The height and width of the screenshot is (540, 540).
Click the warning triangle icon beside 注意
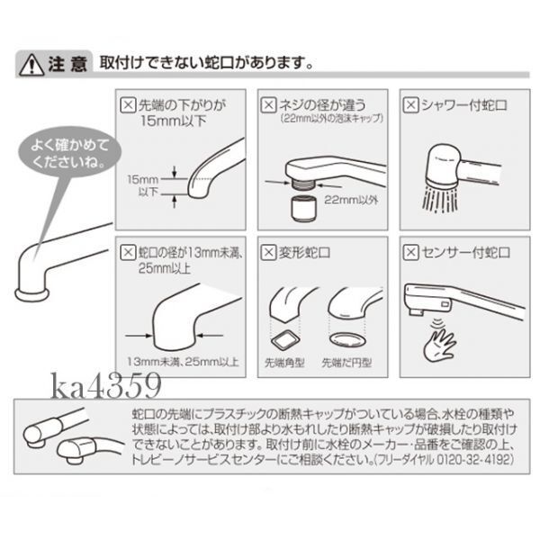(31, 65)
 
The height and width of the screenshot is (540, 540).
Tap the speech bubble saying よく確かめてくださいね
(69, 153)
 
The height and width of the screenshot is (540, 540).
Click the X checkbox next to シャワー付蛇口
(410, 104)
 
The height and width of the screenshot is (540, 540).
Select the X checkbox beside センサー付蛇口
(410, 252)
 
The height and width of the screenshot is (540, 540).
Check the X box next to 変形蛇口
(268, 252)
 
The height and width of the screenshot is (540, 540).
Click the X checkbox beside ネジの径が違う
(268, 104)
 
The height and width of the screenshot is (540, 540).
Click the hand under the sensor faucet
(439, 346)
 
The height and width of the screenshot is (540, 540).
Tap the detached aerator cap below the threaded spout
(303, 208)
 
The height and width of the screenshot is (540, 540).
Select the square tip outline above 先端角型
(285, 339)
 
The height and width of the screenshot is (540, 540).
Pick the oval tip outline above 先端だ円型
(346, 339)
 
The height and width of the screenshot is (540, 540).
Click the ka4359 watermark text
(106, 385)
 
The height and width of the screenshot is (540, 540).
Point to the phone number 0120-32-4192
(475, 460)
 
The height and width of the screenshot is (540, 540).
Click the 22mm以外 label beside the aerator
(351, 200)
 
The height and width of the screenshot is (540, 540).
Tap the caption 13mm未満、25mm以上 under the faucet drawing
(183, 362)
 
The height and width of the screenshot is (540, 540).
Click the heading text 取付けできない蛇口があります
(206, 63)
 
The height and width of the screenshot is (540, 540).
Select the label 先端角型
(284, 363)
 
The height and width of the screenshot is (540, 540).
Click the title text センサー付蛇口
(465, 253)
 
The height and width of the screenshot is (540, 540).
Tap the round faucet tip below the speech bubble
(31, 294)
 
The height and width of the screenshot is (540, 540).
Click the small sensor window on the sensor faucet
(445, 304)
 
